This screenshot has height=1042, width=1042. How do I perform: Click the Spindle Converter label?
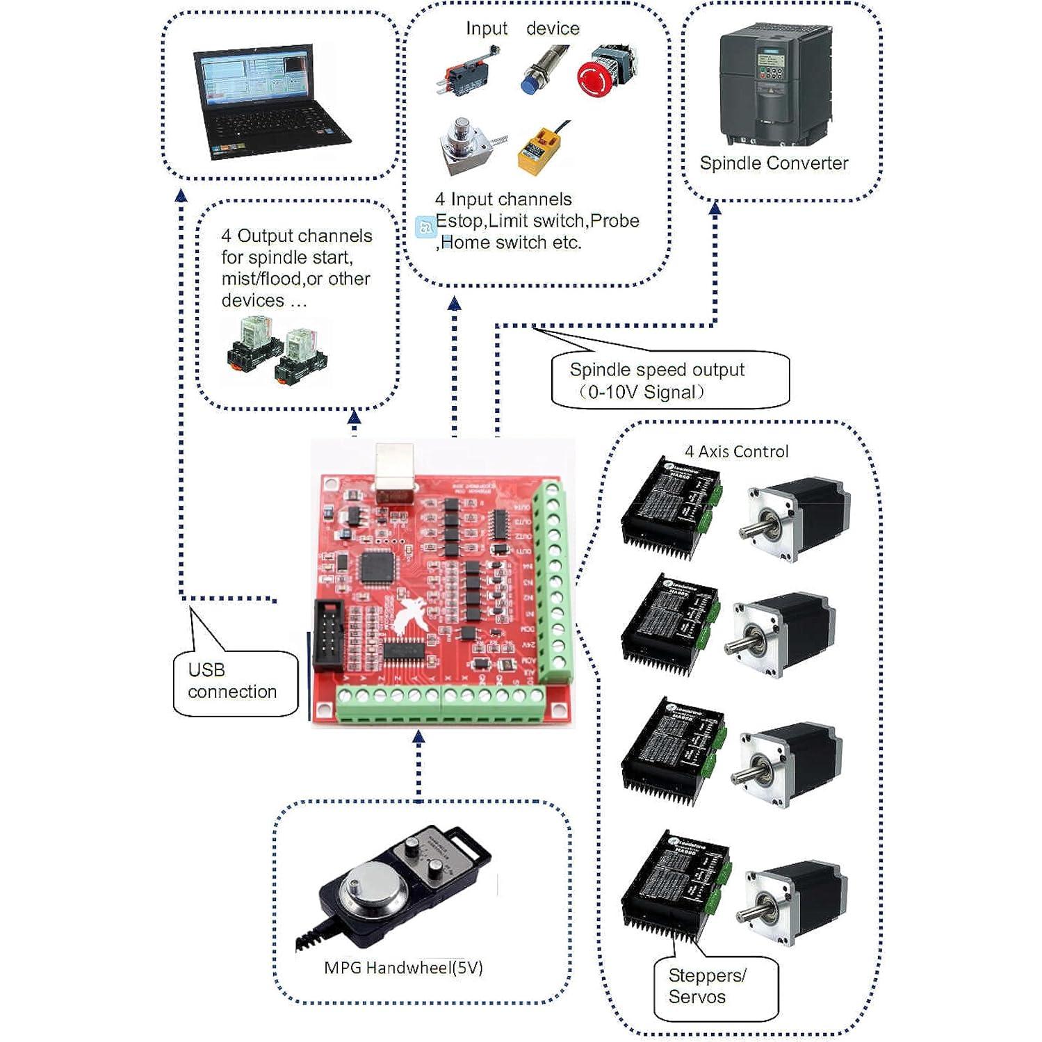[774, 163]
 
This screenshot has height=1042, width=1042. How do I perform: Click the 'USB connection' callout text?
[232, 681]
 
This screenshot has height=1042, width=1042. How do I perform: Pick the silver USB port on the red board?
[395, 472]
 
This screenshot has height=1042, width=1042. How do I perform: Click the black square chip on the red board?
[377, 567]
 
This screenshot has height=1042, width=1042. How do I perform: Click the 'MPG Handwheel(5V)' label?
[403, 968]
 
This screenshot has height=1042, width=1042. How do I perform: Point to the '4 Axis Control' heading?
[736, 452]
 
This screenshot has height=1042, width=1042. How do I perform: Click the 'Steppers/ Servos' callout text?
[707, 986]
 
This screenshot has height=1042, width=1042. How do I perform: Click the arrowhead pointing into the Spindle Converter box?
[715, 207]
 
